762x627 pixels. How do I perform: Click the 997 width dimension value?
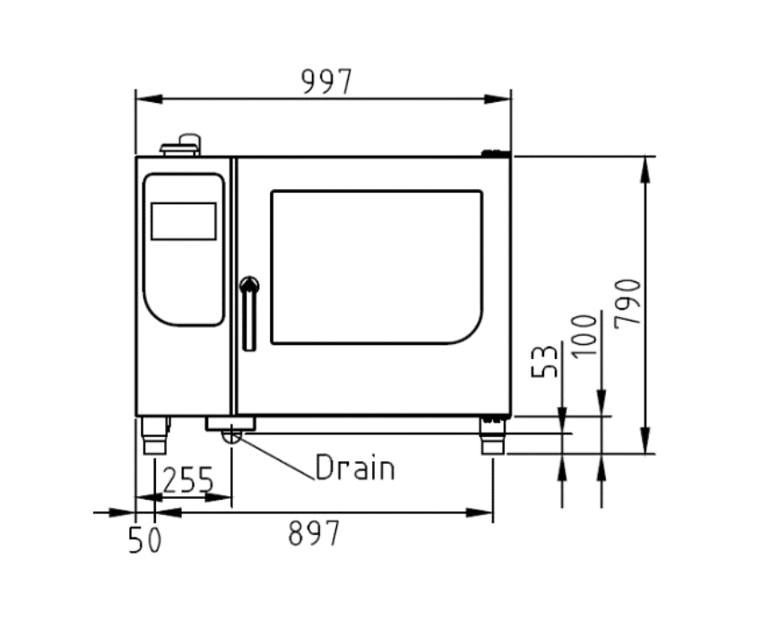(x=326, y=82)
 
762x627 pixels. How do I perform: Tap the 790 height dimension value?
(x=628, y=303)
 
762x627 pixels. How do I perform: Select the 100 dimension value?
(x=584, y=336)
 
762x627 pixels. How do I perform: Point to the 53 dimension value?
(x=544, y=361)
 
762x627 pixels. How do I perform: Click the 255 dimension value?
(x=187, y=479)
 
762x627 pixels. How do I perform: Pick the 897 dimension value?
(x=314, y=533)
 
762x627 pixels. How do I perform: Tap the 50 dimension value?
(x=144, y=540)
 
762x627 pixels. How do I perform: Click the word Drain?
(x=355, y=468)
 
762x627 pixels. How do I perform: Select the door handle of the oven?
(x=249, y=313)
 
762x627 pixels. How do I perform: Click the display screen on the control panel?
(x=184, y=221)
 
